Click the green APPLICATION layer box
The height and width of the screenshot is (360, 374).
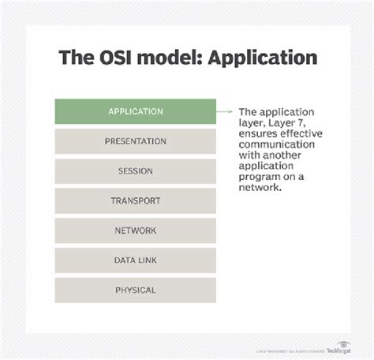[136, 111]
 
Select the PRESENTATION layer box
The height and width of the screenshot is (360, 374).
[136, 141]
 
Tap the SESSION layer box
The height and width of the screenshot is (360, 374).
[136, 171]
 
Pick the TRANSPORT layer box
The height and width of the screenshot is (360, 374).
[136, 201]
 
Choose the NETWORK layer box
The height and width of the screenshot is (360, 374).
[136, 231]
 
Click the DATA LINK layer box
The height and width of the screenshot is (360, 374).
[136, 261]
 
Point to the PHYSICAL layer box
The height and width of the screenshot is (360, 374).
[136, 290]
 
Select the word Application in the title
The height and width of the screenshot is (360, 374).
[264, 58]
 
